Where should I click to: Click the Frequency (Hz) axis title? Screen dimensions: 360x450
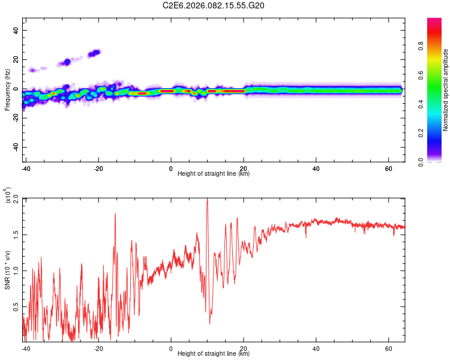coord(7,90)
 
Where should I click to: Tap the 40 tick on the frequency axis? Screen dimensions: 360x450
coord(16,31)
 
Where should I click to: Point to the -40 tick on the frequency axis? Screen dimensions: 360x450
coord(15,148)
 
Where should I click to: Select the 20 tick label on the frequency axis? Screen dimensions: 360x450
coord(16,60)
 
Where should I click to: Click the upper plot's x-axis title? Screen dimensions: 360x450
coord(214,173)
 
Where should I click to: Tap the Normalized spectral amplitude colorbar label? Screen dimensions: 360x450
coord(446,90)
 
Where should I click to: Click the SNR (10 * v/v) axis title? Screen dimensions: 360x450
coord(8,270)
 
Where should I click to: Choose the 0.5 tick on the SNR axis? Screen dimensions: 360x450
coord(16,307)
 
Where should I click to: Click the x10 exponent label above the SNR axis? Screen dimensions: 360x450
coord(8,196)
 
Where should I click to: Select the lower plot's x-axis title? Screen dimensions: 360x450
coord(214,353)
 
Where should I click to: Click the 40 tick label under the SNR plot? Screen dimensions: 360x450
coord(316,348)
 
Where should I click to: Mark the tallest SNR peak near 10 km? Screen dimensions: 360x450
coord(207,200)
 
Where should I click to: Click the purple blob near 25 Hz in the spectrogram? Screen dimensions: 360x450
coord(94,53)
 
